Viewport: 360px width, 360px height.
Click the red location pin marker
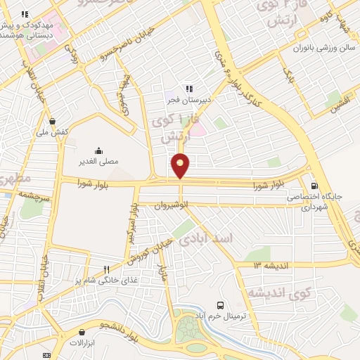coord(181,165)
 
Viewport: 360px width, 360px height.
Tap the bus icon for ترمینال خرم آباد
coord(221,306)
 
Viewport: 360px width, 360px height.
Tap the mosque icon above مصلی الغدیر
coord(98,150)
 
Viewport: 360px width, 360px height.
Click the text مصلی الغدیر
coord(100,161)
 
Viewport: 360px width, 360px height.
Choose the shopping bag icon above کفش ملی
coord(53,120)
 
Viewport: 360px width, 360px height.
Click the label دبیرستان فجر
coord(188,99)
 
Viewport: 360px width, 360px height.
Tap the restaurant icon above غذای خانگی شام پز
coord(106,269)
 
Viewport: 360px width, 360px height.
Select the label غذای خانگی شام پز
coord(103,279)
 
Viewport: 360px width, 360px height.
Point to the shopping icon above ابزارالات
coord(83,332)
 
